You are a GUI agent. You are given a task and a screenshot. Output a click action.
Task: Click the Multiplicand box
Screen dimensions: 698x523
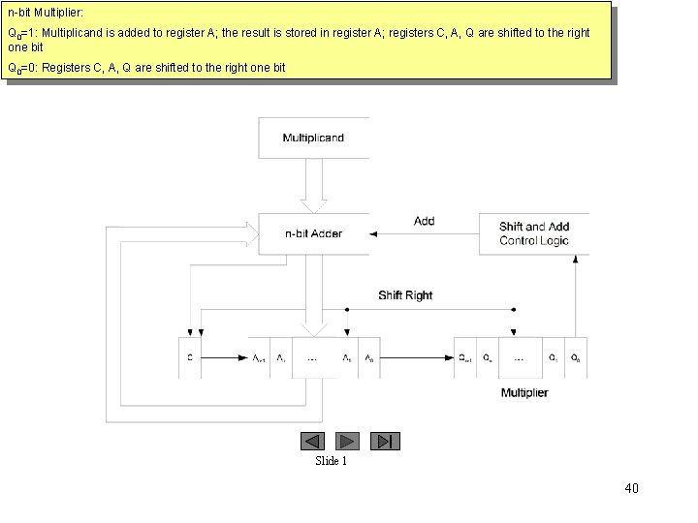(313, 138)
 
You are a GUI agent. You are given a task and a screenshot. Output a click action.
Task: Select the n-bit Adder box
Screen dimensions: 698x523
(313, 233)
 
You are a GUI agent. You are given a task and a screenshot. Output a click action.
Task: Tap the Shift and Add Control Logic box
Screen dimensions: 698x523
(533, 233)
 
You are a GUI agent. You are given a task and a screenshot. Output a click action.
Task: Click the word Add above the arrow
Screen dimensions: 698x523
(425, 221)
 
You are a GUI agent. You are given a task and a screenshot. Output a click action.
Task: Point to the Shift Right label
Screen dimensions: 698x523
(405, 295)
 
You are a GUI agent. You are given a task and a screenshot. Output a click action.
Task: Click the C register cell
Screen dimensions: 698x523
(189, 358)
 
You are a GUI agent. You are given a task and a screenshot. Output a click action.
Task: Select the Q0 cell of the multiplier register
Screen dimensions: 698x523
(576, 358)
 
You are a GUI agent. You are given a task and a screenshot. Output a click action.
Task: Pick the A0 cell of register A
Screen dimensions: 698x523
(369, 358)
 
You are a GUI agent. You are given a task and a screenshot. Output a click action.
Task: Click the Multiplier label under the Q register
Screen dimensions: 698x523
(524, 392)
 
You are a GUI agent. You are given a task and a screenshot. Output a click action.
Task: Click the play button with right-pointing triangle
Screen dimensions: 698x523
(349, 441)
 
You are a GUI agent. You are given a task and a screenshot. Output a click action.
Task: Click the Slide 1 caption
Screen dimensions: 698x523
(331, 461)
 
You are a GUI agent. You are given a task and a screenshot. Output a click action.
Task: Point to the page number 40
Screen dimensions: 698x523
(631, 488)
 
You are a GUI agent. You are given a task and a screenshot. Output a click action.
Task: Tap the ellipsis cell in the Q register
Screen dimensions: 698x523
(520, 358)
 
